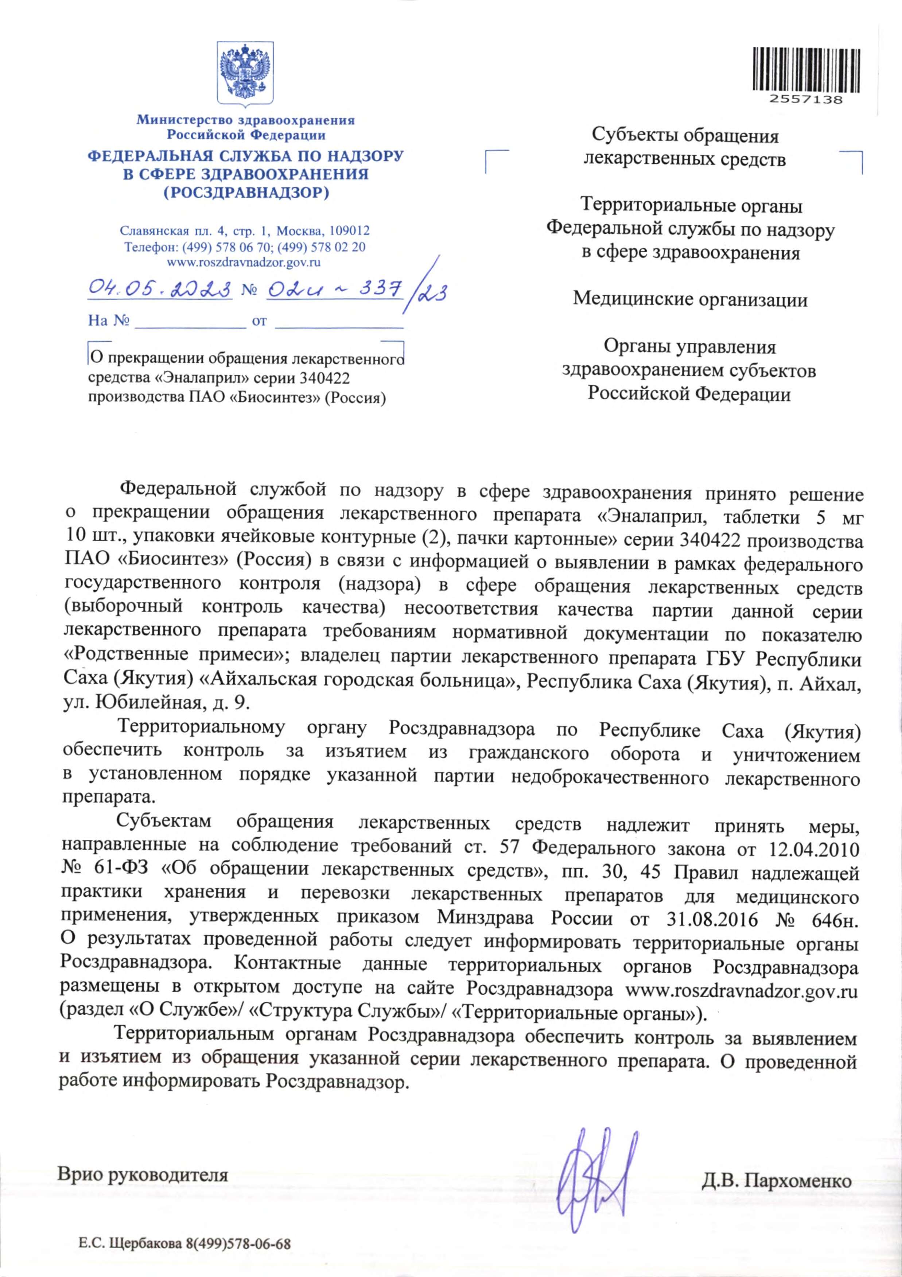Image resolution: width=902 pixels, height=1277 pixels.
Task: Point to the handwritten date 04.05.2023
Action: [160, 289]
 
